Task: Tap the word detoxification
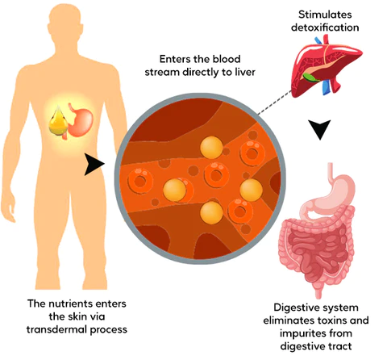330,27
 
